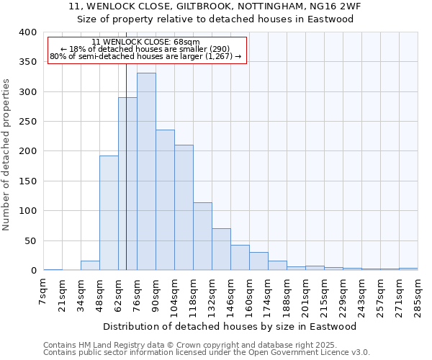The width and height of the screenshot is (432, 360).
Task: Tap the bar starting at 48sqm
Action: point(109,213)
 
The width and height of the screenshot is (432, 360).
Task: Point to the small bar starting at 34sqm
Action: point(90,266)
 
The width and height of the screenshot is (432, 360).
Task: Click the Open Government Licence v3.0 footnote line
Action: point(207,352)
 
